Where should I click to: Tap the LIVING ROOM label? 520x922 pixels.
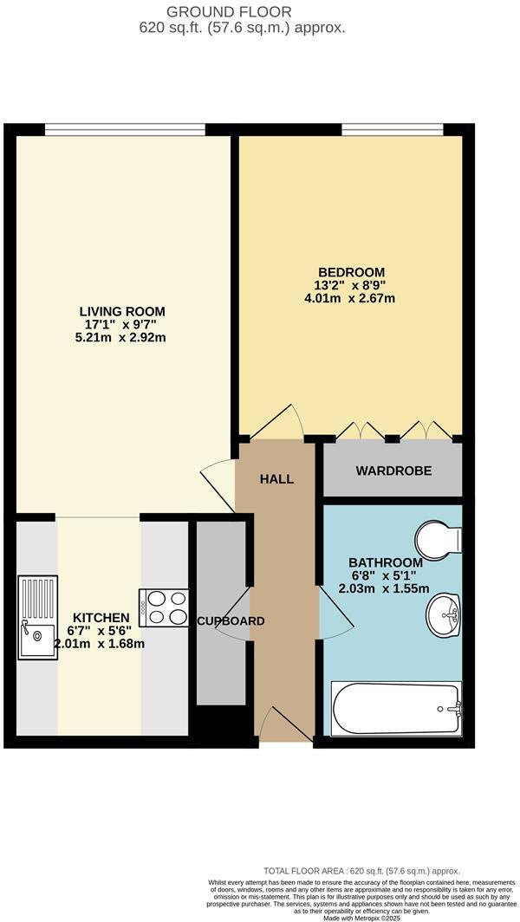click(x=122, y=311)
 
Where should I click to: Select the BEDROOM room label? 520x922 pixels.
click(x=350, y=272)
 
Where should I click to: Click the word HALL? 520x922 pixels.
click(x=277, y=478)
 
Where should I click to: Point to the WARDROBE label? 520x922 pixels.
click(x=393, y=471)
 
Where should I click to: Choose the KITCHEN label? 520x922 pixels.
click(x=101, y=617)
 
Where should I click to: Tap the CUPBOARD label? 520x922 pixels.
click(x=230, y=621)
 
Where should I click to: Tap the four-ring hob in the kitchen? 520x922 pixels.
click(x=164, y=607)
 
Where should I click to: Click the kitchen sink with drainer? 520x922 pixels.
click(x=37, y=617)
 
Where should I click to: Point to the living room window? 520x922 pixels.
click(x=125, y=130)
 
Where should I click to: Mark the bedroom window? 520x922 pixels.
click(x=393, y=130)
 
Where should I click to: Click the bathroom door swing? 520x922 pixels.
click(x=336, y=615)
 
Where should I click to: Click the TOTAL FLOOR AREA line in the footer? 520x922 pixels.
click(x=361, y=871)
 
